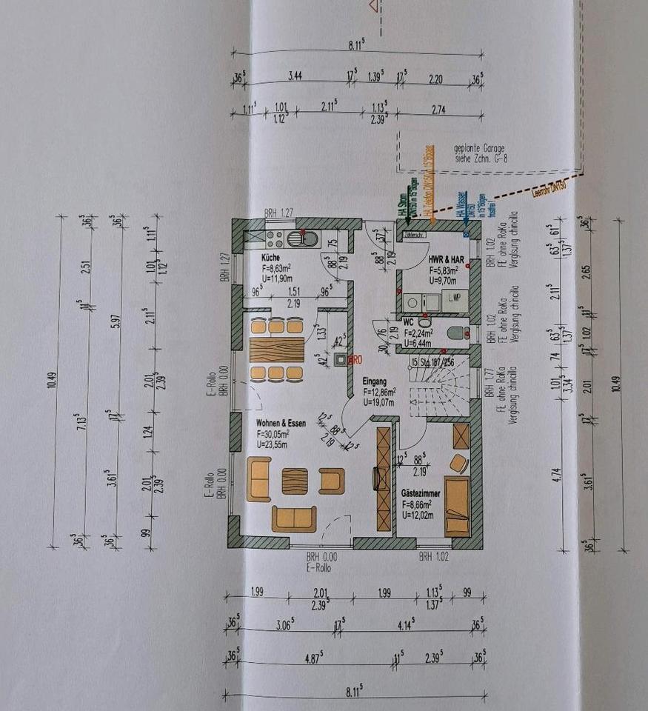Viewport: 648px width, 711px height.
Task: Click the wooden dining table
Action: (x=276, y=348)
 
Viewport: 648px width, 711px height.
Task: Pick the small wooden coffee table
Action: (x=294, y=481)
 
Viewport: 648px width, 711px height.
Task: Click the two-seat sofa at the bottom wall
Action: (x=294, y=518)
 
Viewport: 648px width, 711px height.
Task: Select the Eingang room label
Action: (x=375, y=381)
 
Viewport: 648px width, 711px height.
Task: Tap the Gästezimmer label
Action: (x=421, y=492)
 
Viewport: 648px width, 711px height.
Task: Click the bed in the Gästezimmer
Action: (x=456, y=507)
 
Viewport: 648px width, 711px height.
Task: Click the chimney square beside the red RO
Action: (x=340, y=361)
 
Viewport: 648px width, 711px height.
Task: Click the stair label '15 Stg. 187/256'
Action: (x=432, y=362)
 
